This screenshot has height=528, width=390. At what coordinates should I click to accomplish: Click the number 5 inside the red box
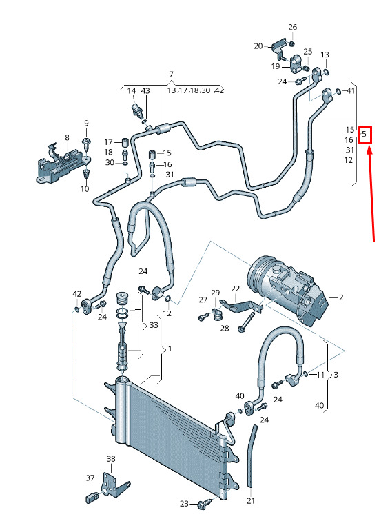tap(364, 134)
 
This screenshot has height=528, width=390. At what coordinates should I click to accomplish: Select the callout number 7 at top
tap(171, 74)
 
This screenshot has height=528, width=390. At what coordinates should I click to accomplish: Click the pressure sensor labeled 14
tap(136, 110)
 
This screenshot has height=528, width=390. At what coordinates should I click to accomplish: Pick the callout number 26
tap(292, 27)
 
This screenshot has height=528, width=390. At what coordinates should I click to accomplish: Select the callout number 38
tap(111, 458)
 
